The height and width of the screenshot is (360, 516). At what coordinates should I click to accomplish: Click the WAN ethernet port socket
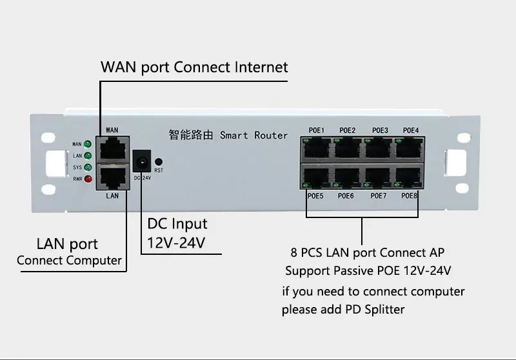coord(113,150)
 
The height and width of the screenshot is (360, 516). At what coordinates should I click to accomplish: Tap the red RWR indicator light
coord(88,179)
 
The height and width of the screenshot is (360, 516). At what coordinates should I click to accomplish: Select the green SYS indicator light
coord(88,167)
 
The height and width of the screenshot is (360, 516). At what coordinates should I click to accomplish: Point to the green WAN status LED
coord(88,144)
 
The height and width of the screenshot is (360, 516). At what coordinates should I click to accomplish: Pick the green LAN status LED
coord(88,155)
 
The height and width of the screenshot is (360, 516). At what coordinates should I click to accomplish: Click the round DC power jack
coord(142,161)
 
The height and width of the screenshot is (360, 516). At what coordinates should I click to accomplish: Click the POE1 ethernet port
coord(317,149)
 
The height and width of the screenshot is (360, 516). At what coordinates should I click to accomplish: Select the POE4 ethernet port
coord(409,149)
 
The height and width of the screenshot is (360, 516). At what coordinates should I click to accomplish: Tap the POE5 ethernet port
coord(317,177)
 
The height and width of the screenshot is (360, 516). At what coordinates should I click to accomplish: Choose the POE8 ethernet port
coord(409,177)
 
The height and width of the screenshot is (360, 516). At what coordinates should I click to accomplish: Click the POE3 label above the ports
coord(380,130)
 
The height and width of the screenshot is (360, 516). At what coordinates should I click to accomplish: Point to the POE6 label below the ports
coord(346,195)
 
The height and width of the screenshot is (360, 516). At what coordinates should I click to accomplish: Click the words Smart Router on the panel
coord(253,135)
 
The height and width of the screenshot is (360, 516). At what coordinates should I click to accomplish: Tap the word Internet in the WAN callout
coord(261,67)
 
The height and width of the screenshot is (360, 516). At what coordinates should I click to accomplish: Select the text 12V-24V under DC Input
coord(176,243)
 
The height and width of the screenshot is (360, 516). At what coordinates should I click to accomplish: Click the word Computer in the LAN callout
coord(94,261)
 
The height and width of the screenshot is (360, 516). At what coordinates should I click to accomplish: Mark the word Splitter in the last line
coord(384,309)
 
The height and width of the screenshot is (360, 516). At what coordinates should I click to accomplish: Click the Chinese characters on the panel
coord(191,135)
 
